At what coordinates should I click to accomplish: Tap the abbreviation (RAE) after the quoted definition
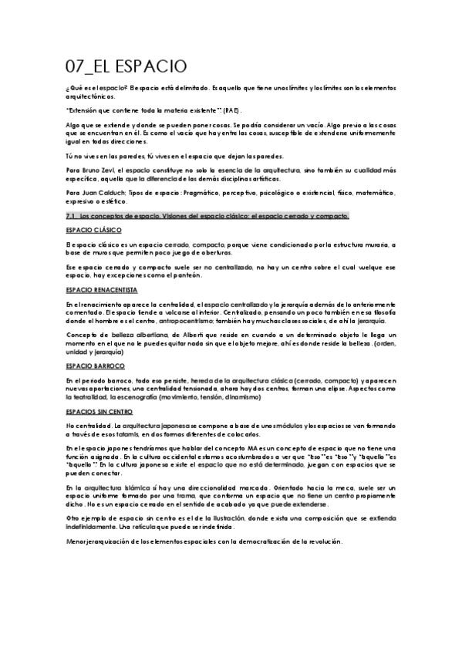232,112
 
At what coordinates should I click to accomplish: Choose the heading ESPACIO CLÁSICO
94,230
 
